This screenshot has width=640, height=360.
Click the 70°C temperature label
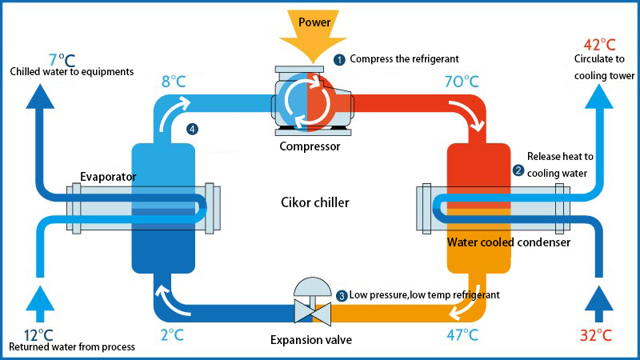461,82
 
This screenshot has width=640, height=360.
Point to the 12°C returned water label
37,334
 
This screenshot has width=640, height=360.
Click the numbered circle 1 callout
339,59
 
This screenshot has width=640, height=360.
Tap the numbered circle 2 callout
518,170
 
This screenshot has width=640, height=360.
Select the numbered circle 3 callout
342,296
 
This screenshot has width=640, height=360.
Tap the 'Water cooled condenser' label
508,242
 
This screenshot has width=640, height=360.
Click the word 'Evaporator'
108,177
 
